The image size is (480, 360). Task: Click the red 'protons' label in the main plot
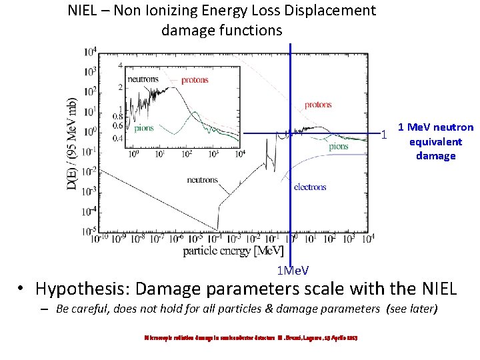[x=318, y=105]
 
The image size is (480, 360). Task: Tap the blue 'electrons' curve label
[x=310, y=187]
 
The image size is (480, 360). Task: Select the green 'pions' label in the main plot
[x=339, y=147]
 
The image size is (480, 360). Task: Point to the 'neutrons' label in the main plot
[x=202, y=180]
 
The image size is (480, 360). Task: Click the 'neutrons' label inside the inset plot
[x=143, y=79]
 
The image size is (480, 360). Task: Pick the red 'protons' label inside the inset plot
[x=194, y=80]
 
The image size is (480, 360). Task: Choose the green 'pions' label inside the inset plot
[x=144, y=128]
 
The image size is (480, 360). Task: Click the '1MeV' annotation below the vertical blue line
[x=293, y=270]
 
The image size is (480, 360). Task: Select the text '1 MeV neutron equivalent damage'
[x=435, y=141]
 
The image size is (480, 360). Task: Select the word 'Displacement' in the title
[x=331, y=11]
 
